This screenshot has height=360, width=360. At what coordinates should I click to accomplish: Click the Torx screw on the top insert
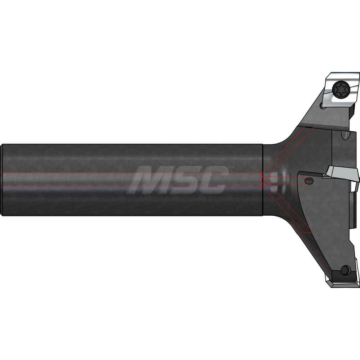[340, 88]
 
